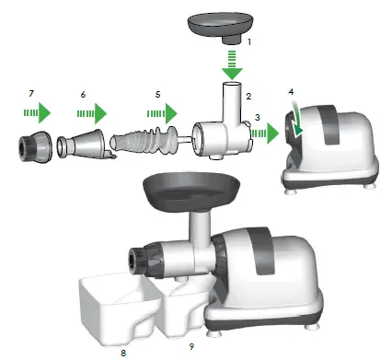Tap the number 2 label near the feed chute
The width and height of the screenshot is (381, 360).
pyautogui.click(x=248, y=95)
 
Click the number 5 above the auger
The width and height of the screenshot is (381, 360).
pyautogui.click(x=158, y=95)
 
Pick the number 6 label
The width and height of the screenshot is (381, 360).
pyautogui.click(x=83, y=95)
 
